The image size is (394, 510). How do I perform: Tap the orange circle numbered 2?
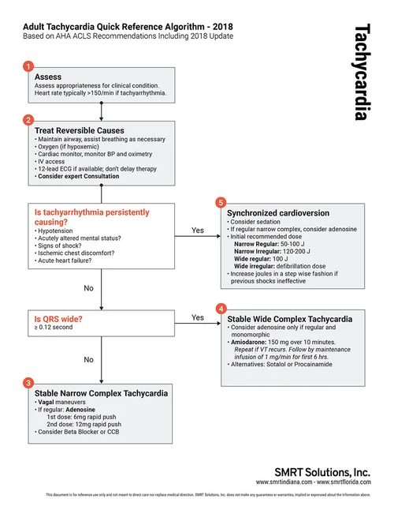click(29, 120)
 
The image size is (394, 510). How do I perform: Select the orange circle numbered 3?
click(29, 382)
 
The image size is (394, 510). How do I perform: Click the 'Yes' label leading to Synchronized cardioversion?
click(198, 231)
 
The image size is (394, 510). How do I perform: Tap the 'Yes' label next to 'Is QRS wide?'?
click(198, 317)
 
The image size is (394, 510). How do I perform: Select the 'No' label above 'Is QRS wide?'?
click(88, 289)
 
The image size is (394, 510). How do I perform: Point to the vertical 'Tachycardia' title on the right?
click(362, 71)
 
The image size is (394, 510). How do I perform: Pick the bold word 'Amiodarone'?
click(250, 344)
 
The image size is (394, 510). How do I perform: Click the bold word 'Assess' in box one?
click(48, 77)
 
